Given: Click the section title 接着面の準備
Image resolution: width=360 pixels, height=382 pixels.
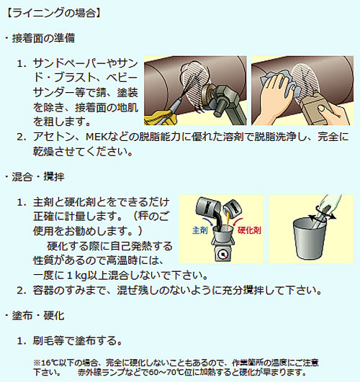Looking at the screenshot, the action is pyautogui.click(x=43, y=38).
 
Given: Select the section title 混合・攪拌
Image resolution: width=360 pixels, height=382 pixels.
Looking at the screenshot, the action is pyautogui.click(x=38, y=177).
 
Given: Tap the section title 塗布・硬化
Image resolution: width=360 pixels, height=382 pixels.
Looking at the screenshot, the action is pyautogui.click(x=38, y=316).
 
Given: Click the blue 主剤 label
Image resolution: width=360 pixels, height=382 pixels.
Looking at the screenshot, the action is pyautogui.click(x=199, y=230).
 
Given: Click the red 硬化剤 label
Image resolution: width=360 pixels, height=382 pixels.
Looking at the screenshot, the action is pyautogui.click(x=249, y=230).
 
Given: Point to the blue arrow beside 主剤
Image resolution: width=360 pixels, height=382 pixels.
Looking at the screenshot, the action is pyautogui.click(x=209, y=221).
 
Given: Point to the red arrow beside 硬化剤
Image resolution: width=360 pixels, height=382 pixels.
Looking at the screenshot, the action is pyautogui.click(x=238, y=222).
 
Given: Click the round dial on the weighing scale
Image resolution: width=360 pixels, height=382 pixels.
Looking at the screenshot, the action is pyautogui.click(x=222, y=255).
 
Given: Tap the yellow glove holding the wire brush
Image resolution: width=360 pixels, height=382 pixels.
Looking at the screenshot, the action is pyautogui.click(x=160, y=118).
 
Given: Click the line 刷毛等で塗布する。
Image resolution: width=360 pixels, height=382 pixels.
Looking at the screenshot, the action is pyautogui.click(x=78, y=340).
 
